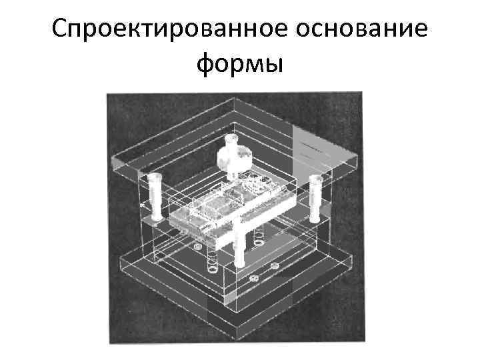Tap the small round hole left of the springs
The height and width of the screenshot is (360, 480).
pyautogui.click(x=197, y=248)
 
